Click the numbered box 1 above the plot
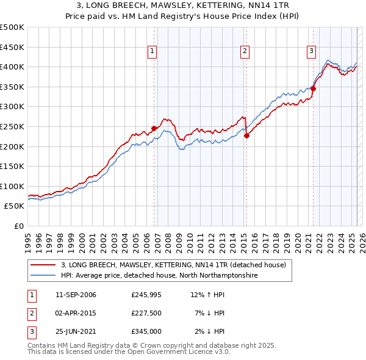click(x=151, y=51)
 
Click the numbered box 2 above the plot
click(x=245, y=51)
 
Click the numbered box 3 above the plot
click(x=311, y=51)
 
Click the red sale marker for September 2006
click(x=154, y=128)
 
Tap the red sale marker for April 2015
click(x=246, y=136)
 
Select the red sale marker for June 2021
click(x=313, y=88)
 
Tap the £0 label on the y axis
click(x=18, y=226)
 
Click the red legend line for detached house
click(x=43, y=265)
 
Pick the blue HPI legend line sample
click(x=43, y=275)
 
